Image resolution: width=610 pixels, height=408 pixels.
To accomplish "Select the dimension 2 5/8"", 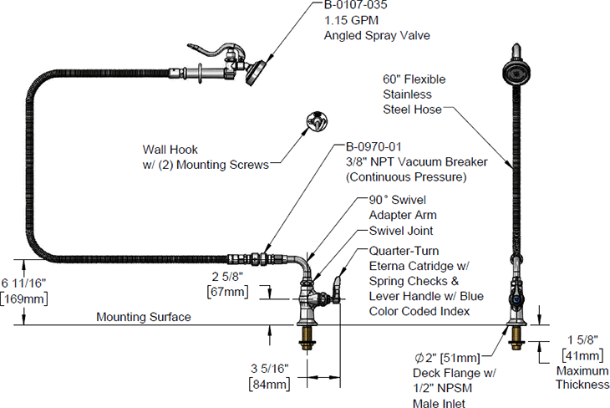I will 226,275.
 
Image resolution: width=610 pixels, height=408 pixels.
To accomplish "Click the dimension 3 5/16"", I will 268,369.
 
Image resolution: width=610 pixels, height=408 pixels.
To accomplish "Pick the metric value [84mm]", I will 268,384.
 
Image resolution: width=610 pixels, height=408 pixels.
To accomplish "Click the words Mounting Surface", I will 143,317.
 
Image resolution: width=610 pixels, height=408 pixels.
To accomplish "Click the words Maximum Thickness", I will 582,377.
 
